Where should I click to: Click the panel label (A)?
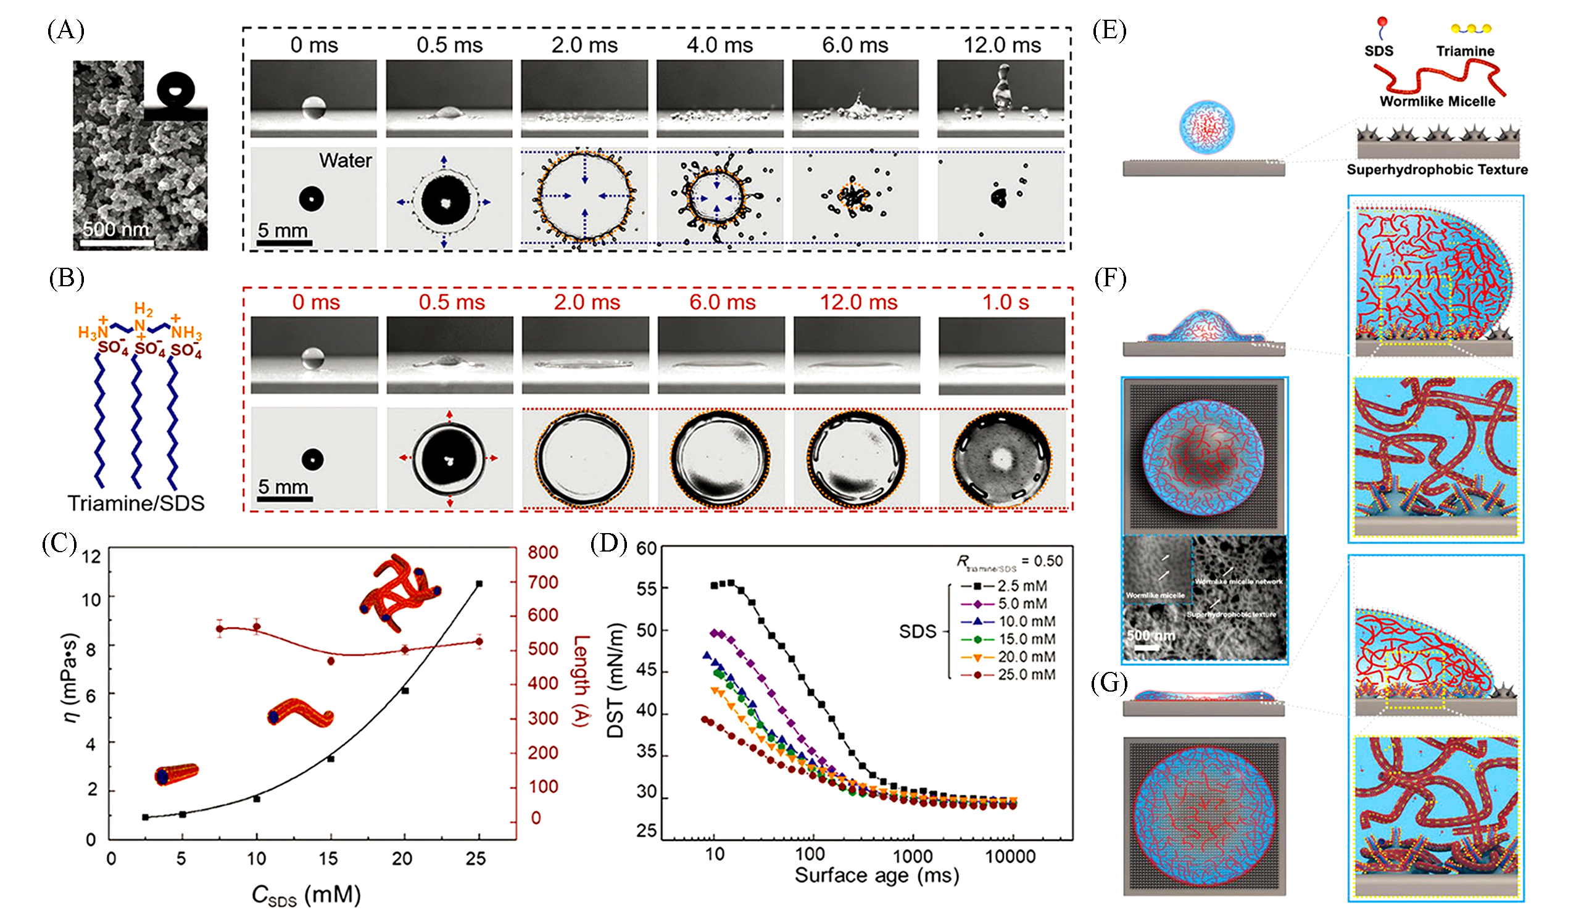point(65,30)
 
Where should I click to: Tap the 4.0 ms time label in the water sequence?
point(719,45)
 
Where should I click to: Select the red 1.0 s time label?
point(1005,302)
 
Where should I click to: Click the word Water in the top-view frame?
point(345,161)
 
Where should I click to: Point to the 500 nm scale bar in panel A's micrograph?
point(117,241)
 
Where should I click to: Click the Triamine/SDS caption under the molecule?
point(136,503)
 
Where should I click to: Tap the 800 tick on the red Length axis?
point(542,552)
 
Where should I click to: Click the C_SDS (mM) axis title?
point(305,895)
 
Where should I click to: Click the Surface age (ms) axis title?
point(876,875)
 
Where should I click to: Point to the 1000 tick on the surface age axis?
point(912,856)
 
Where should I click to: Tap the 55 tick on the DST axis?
point(646,589)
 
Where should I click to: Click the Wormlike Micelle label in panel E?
point(1437,102)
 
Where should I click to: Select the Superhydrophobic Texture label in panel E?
point(1437,170)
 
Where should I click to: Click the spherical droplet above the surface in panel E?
point(1206,126)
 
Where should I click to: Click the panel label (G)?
point(1109,684)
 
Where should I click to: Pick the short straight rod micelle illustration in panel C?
point(176,774)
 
